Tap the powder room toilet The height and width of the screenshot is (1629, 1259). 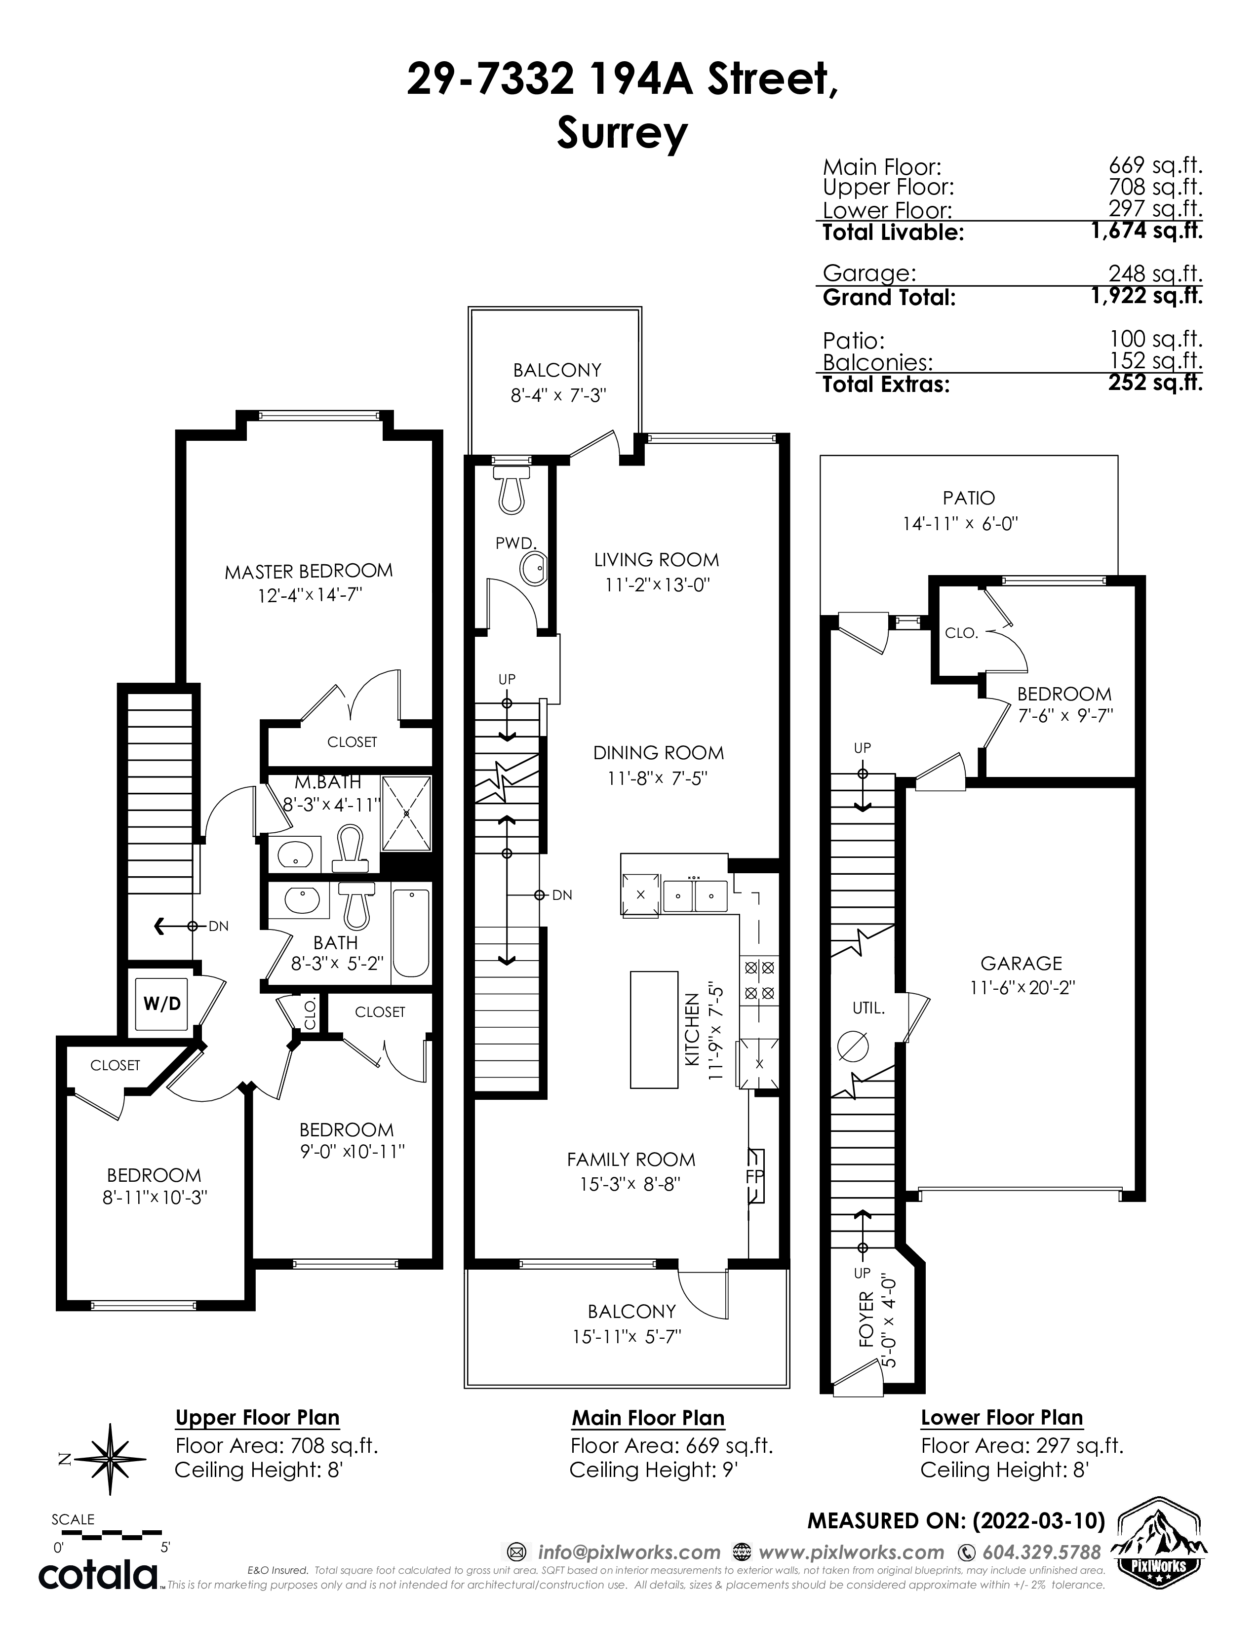tap(511, 489)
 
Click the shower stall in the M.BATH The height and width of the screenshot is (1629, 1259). tap(406, 814)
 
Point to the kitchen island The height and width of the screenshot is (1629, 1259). tap(654, 1029)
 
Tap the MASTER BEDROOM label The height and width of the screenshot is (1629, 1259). tap(309, 571)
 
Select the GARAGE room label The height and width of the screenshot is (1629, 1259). tap(1021, 963)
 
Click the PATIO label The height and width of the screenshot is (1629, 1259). tap(968, 498)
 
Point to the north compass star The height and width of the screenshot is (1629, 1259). tap(112, 1460)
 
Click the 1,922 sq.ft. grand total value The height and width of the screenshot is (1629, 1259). tap(1146, 296)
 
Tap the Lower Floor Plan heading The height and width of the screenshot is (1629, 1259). tap(1002, 1418)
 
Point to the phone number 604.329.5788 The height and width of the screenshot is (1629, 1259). tap(1041, 1552)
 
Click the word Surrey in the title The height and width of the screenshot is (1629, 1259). tap(621, 135)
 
